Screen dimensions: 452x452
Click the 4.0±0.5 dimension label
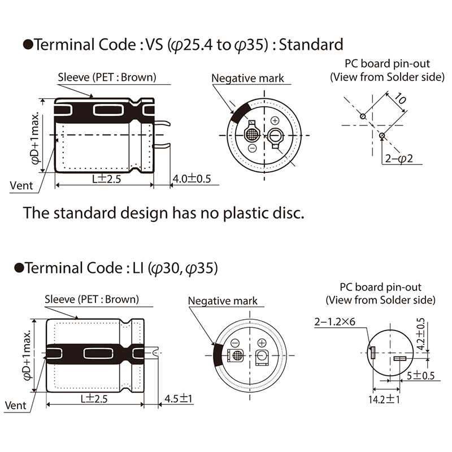coord(192,179)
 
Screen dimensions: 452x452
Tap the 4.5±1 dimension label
coord(178,399)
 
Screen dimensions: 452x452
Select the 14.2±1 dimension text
coord(384,399)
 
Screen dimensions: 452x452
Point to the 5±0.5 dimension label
coord(420,376)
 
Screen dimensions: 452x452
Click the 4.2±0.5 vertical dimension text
coord(421,333)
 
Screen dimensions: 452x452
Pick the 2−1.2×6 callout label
coord(334,321)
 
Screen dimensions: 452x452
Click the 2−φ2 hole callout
coord(399,158)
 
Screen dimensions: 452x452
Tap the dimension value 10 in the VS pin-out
coord(400,98)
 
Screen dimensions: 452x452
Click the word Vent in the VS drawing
coord(21,185)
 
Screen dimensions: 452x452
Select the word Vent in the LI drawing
coord(16,405)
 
